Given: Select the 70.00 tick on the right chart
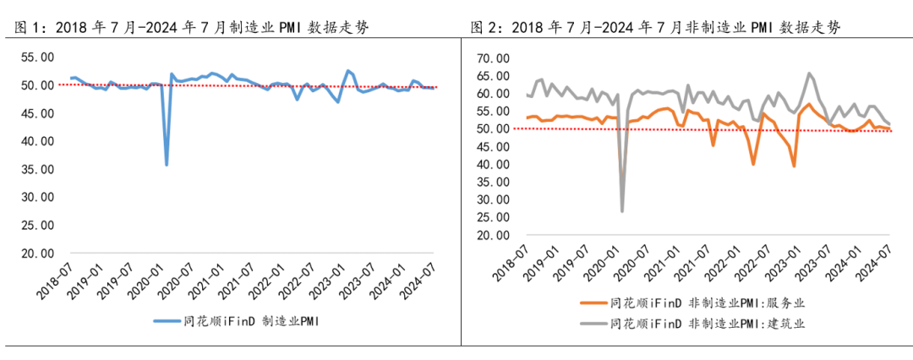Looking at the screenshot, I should coord(493,58).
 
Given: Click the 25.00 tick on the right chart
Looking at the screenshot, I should coord(493,218).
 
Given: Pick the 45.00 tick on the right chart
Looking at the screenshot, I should coord(493,147).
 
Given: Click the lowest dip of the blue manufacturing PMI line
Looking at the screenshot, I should coord(167,165).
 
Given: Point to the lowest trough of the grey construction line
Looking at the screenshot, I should coord(622,210).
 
